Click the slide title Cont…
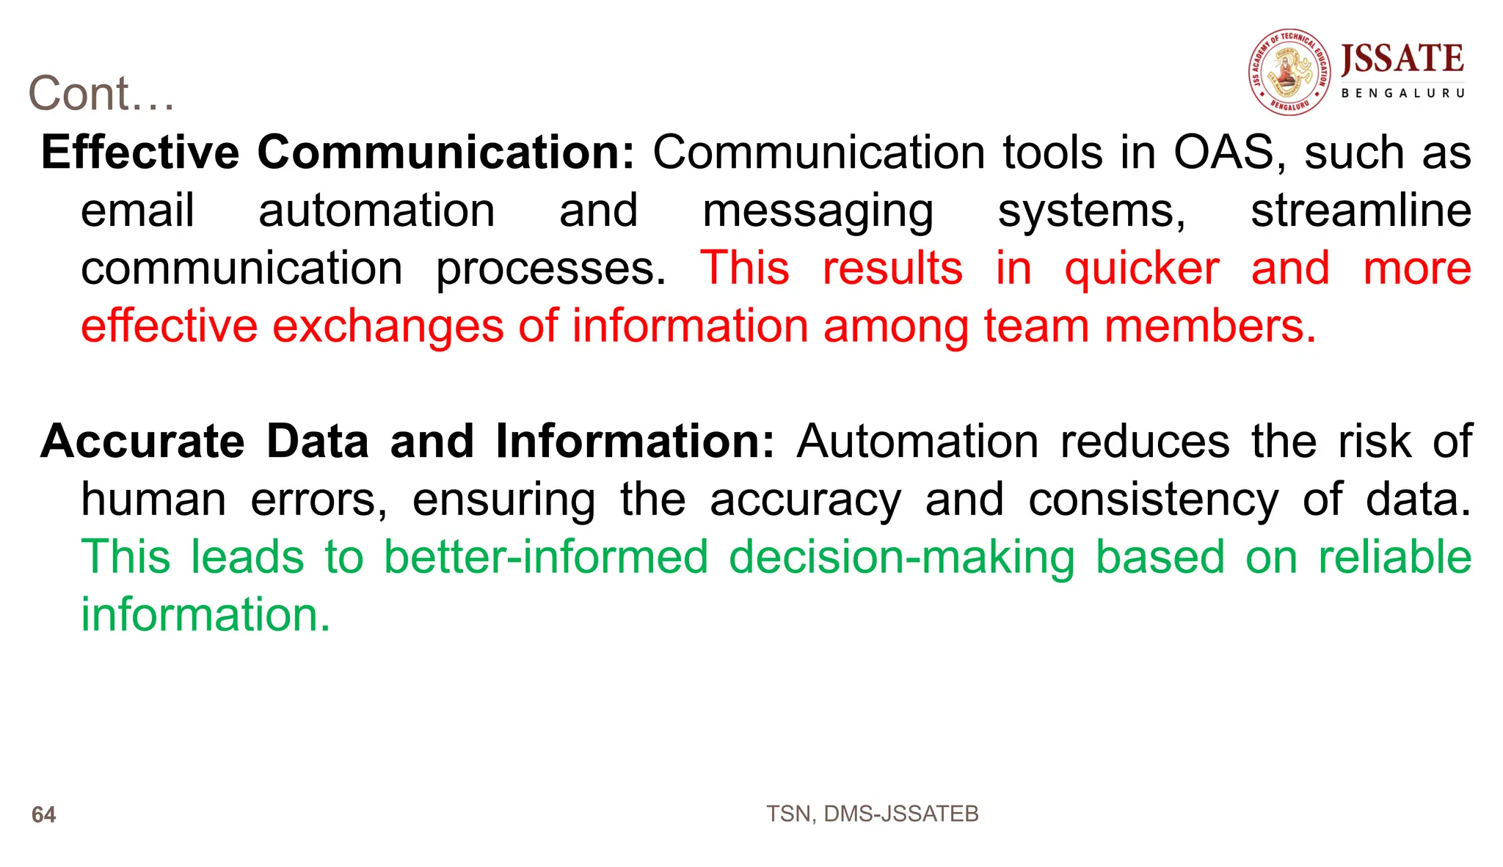click(101, 94)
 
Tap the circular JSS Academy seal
click(1289, 72)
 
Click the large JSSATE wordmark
click(1402, 59)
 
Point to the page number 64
click(43, 814)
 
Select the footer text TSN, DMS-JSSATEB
click(872, 813)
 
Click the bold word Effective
click(140, 153)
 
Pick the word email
click(137, 211)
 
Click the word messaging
click(818, 212)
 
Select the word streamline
click(1361, 211)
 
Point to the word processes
click(550, 269)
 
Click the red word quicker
click(1142, 269)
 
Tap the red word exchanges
click(387, 326)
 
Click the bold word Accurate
click(142, 442)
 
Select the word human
click(153, 500)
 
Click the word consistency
click(1153, 501)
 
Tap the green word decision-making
click(902, 557)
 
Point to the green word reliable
click(1394, 557)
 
